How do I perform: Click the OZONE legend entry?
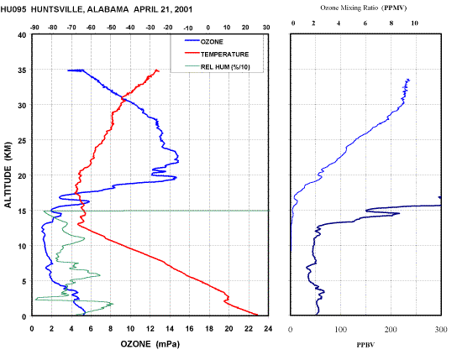(x=204, y=42)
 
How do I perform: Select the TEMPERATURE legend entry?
(x=217, y=55)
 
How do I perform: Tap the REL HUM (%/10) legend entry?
(x=218, y=67)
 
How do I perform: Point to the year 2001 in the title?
(x=183, y=9)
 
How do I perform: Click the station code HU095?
(x=13, y=9)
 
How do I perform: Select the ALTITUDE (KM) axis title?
(x=8, y=175)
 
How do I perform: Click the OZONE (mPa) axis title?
(x=150, y=344)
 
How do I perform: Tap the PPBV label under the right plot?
(x=365, y=345)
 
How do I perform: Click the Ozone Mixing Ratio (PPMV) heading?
(x=364, y=8)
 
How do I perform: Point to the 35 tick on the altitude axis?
(x=22, y=70)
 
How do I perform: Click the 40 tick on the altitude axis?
(x=22, y=35)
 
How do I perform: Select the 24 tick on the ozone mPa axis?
(x=268, y=329)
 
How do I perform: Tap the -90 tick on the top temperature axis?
(x=34, y=28)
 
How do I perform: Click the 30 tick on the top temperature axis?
(x=266, y=28)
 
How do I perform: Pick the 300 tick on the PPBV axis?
(x=441, y=329)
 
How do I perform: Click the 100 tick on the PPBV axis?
(x=341, y=329)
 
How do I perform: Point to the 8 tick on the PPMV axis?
(x=391, y=23)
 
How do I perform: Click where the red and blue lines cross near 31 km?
(x=123, y=100)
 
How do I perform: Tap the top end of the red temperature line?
(x=158, y=70)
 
